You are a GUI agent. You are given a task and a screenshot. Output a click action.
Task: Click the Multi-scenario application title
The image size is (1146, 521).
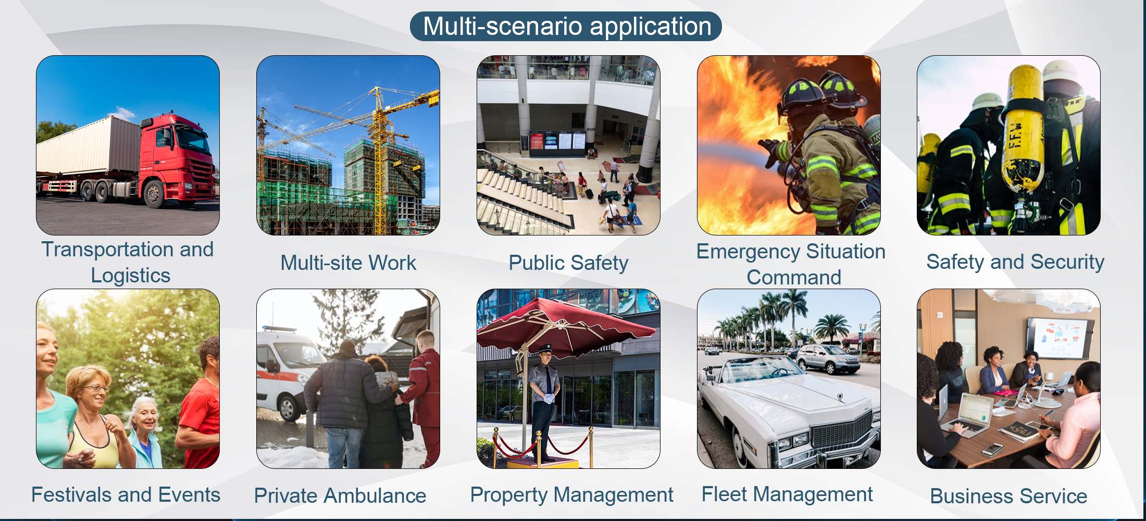pos(567,27)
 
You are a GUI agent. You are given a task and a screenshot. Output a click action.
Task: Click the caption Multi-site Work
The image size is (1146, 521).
pos(348,263)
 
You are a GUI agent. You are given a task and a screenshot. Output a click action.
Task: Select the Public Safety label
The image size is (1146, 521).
pos(568,263)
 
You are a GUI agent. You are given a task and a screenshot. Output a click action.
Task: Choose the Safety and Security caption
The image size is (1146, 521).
pos(1015,262)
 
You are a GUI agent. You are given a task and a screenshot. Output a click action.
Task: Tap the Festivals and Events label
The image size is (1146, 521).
pos(126,494)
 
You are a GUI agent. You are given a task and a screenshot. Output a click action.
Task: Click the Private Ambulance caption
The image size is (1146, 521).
pos(340,495)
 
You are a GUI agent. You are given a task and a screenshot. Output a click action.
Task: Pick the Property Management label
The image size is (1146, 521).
pos(571,495)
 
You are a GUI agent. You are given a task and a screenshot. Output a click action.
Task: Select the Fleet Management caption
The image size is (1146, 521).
pos(787,494)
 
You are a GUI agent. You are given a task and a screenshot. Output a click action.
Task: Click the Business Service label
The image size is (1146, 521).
pos(1008,496)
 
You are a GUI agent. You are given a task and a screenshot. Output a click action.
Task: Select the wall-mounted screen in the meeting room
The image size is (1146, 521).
pos(1057,338)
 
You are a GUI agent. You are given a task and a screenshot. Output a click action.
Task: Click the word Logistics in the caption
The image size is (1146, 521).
pos(131,276)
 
